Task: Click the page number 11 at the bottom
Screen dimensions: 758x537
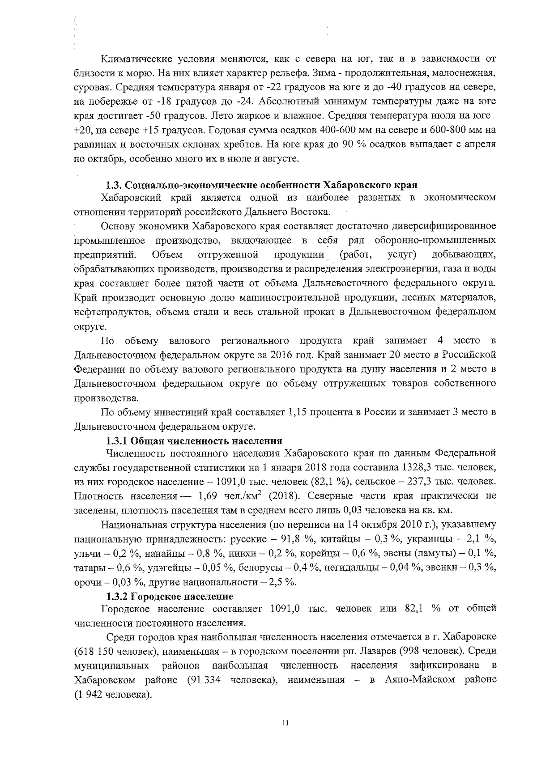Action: click(286, 724)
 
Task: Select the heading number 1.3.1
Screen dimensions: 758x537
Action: click(118, 441)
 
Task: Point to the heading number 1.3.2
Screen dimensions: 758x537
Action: click(118, 596)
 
